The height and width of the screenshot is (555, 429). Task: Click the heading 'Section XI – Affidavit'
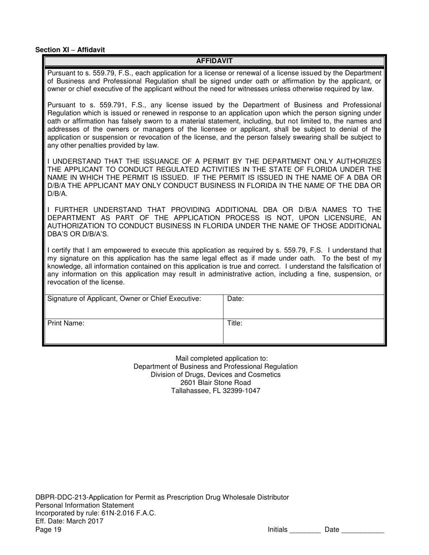tap(70, 50)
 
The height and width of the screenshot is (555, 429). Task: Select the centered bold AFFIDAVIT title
tap(214, 61)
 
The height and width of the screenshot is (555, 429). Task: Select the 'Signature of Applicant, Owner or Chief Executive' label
tap(124, 299)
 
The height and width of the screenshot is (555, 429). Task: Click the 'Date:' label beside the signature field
tap(235, 299)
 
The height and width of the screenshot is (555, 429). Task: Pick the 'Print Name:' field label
tap(66, 324)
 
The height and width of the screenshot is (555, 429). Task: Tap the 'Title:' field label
tap(235, 324)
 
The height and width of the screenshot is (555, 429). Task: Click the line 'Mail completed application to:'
tap(215, 358)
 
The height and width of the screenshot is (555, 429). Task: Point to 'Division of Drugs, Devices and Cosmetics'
tap(215, 375)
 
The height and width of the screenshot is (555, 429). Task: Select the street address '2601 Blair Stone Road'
tap(215, 383)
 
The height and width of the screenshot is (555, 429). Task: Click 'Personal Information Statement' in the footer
tap(84, 505)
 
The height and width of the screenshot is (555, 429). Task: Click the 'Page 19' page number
tap(48, 530)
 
